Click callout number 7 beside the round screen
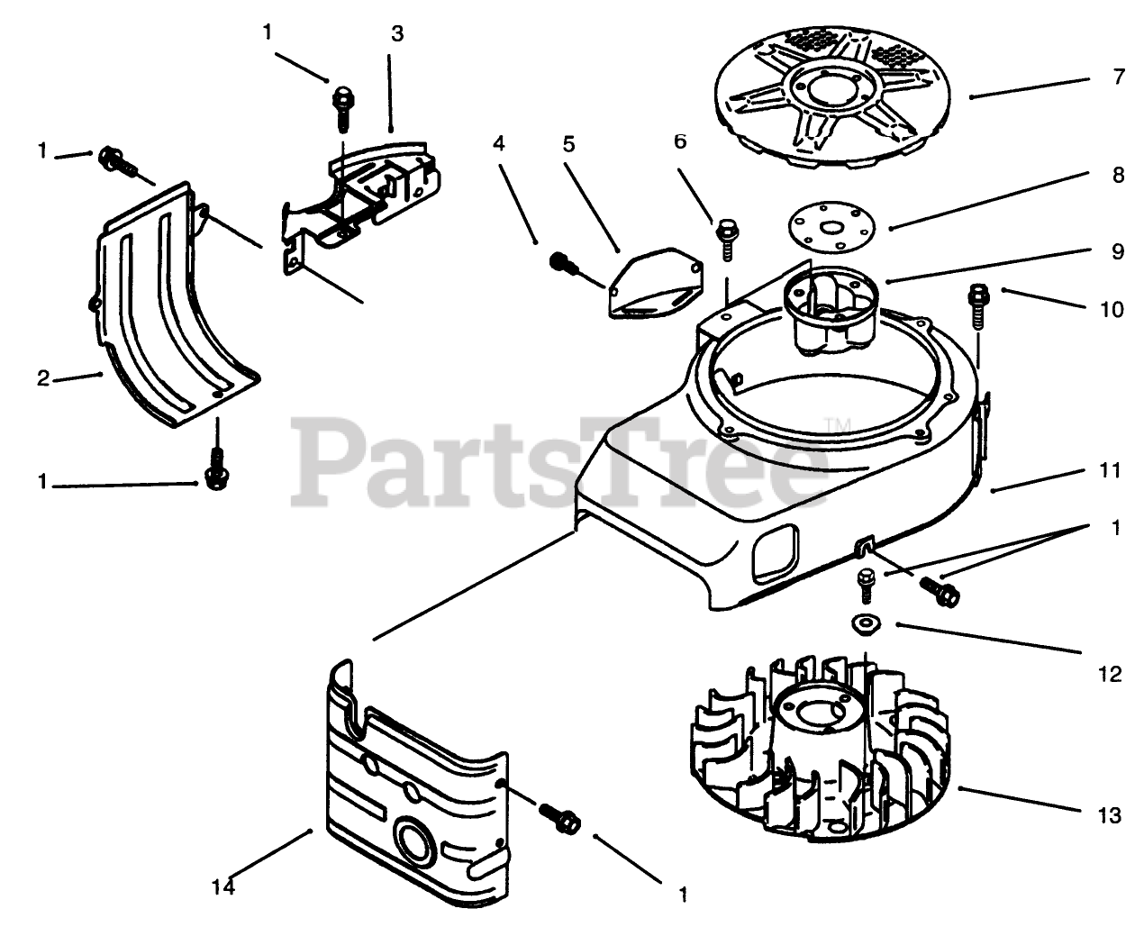click(x=1118, y=77)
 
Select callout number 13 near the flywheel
click(x=1110, y=816)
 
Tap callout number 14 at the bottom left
click(x=223, y=887)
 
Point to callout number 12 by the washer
click(x=1110, y=673)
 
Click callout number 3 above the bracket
click(x=397, y=34)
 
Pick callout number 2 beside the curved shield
click(x=42, y=378)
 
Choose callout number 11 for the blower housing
click(x=1110, y=470)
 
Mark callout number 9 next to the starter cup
click(x=1118, y=253)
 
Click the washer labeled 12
click(x=862, y=623)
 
